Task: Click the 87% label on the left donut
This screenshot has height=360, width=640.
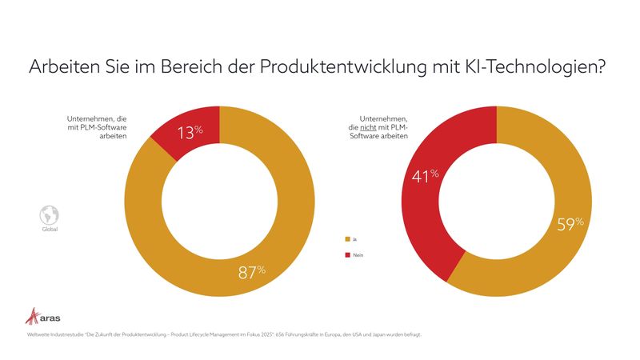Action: (252, 272)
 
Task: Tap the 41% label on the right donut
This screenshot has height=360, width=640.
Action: (425, 176)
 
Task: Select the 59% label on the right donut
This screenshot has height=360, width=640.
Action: (570, 224)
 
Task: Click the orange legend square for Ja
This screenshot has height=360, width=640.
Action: (346, 239)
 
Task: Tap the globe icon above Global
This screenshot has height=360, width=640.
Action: (49, 215)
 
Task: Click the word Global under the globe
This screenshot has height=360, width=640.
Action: (49, 230)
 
